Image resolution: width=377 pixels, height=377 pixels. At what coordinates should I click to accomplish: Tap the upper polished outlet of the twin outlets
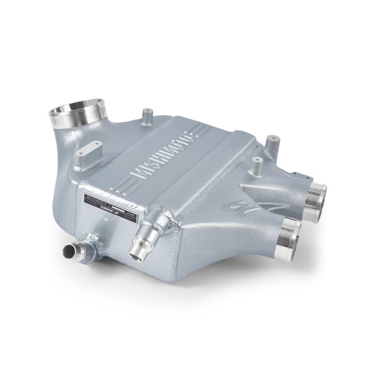(315, 195)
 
